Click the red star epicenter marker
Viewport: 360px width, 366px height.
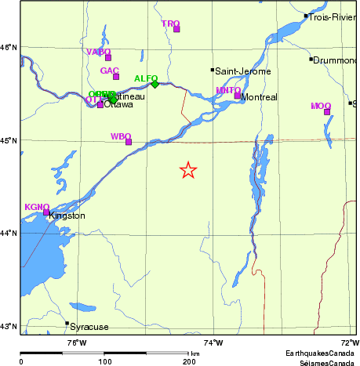188,170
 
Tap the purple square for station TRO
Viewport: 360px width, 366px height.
176,29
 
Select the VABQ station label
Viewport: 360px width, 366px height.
97,52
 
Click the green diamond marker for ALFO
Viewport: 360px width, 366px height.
155,84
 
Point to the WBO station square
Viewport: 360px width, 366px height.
129,142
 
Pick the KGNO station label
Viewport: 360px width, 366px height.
37,206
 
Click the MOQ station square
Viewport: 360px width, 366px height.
327,111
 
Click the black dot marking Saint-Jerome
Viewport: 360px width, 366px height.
212,70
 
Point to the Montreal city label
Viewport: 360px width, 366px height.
260,97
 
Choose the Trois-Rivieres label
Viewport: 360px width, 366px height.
334,16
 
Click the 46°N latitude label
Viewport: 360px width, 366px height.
9,48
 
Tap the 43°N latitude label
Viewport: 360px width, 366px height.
9,326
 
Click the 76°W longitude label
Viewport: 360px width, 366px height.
76,342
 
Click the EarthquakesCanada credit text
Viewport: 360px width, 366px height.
321,353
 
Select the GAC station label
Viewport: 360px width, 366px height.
109,71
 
